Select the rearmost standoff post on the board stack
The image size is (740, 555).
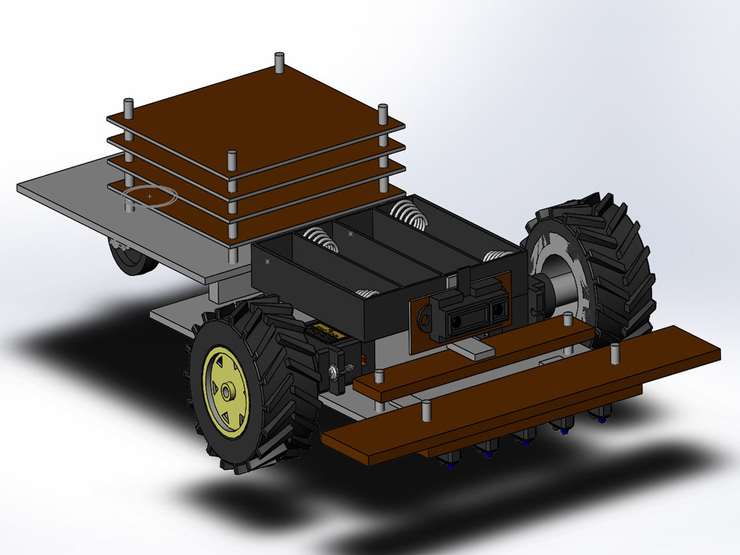coord(279,63)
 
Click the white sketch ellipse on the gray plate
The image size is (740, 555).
coord(149,196)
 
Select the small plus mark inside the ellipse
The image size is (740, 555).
coord(149,196)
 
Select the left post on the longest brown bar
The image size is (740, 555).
coord(424,410)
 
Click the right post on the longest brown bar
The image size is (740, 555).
coord(615,352)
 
